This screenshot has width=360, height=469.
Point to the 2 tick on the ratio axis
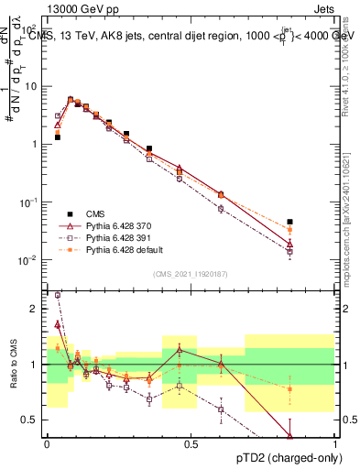tap(37, 309)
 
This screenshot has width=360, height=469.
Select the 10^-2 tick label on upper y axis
tap(30, 260)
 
